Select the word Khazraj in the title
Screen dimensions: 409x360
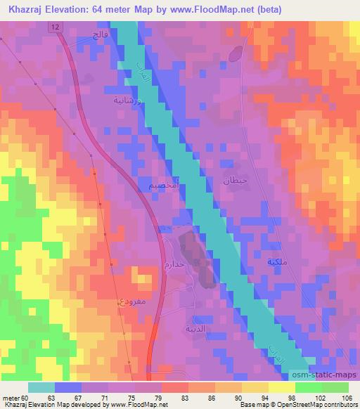[28, 8]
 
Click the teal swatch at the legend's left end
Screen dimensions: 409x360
[41, 387]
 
